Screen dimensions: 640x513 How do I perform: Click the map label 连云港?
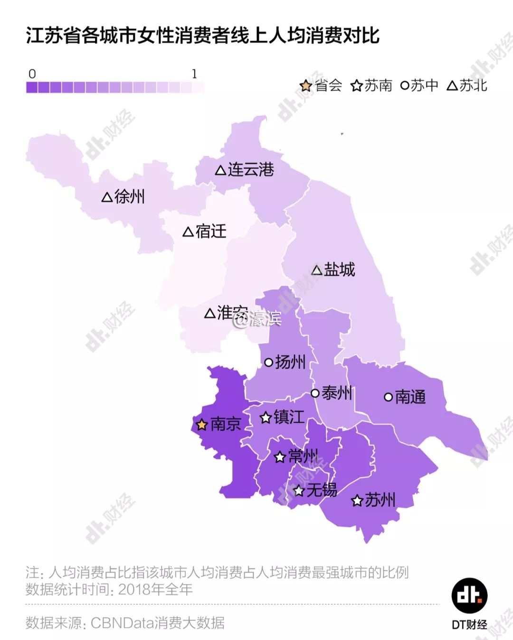[250, 169]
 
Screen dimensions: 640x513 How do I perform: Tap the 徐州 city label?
[129, 196]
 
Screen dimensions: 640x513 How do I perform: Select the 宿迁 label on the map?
[210, 232]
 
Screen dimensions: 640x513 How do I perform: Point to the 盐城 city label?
[339, 269]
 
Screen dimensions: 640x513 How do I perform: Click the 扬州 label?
[290, 362]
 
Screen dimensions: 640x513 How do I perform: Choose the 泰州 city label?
[336, 393]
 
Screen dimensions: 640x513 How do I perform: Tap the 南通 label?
[410, 397]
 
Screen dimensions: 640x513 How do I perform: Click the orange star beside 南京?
[202, 425]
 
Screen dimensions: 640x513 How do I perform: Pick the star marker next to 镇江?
[266, 418]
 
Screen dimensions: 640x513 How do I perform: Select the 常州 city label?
[303, 456]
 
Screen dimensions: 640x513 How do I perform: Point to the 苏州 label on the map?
[380, 500]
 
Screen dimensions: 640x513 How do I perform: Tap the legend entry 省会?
[328, 85]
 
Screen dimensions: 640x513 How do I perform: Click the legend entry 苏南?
[378, 85]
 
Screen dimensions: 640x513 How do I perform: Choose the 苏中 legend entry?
[424, 85]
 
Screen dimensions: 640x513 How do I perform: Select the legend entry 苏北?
[473, 85]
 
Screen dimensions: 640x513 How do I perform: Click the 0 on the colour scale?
[32, 74]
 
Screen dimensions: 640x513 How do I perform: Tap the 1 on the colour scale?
[194, 74]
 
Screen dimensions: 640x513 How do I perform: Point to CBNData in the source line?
[123, 622]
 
